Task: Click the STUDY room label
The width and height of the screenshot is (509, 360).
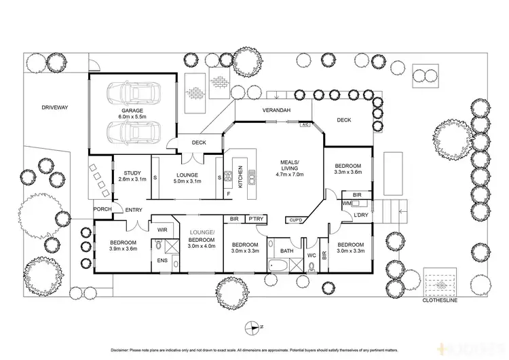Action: click(132, 173)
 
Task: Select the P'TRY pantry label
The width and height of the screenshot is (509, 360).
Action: click(256, 219)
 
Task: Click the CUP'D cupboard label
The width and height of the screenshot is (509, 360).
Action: click(296, 220)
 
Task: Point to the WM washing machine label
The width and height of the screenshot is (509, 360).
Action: click(346, 203)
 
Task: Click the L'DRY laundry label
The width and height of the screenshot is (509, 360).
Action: click(360, 215)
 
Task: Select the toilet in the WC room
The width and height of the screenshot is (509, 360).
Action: click(311, 266)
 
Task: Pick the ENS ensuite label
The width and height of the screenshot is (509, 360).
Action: click(162, 260)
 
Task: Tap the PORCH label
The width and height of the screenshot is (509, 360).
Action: click(102, 209)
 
